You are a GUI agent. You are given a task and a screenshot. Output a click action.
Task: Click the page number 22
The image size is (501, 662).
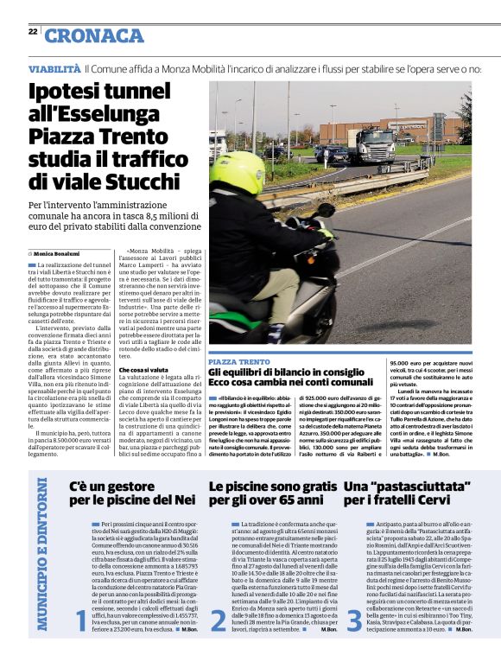[x=32, y=31]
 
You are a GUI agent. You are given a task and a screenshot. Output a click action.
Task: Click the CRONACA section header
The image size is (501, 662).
[x=93, y=35]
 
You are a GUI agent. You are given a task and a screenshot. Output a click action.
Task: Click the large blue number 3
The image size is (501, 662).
[x=354, y=620]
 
